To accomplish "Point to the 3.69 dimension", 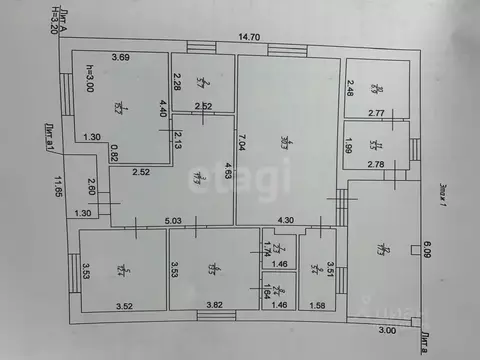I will coord(122,57).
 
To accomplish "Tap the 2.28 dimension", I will coord(177,81).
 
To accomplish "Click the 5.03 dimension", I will coord(173,220).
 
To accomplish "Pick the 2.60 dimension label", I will coord(90,187).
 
